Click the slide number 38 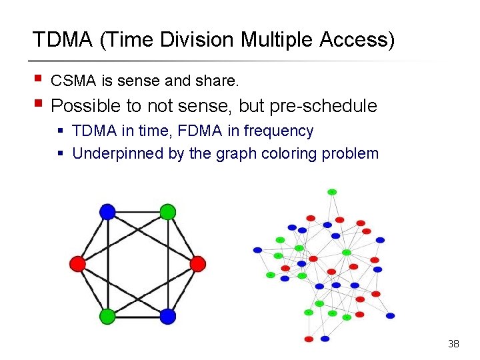pyautogui.click(x=453, y=344)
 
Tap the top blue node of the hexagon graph pyautogui.click(x=107, y=212)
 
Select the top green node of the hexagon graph pyautogui.click(x=167, y=212)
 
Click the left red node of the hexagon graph pyautogui.click(x=77, y=264)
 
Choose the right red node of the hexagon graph pyautogui.click(x=197, y=264)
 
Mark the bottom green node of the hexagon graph pyautogui.click(x=107, y=315)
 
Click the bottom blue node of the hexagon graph pyautogui.click(x=167, y=315)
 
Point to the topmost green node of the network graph pyautogui.click(x=332, y=192)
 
